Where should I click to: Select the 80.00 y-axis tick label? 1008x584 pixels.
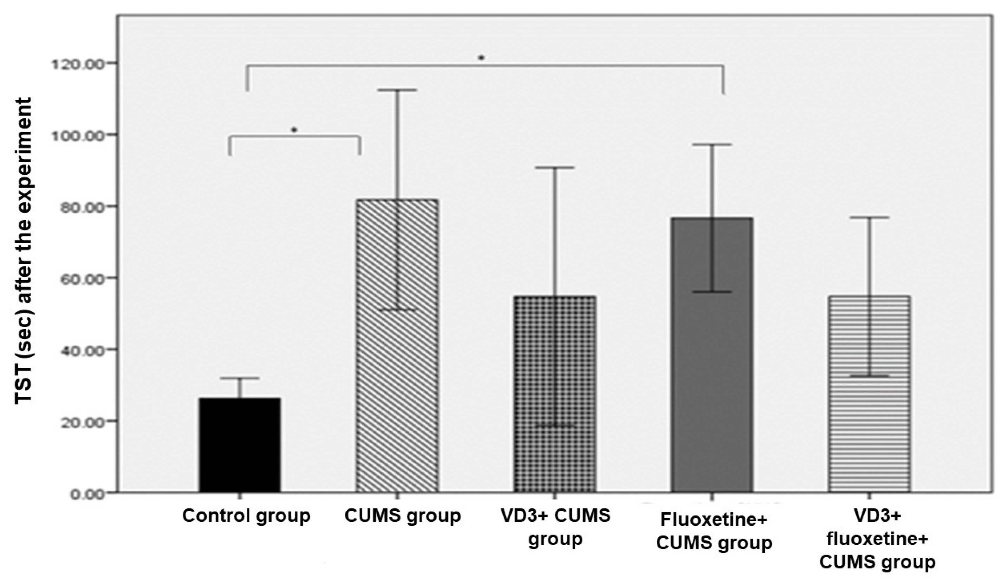click(x=80, y=207)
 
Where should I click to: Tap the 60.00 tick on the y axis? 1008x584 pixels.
click(x=80, y=279)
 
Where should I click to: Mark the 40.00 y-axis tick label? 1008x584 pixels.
click(x=80, y=350)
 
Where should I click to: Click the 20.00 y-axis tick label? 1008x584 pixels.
click(x=80, y=422)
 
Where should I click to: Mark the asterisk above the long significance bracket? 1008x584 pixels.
click(x=482, y=58)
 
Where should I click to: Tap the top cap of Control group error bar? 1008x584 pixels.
click(x=239, y=378)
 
